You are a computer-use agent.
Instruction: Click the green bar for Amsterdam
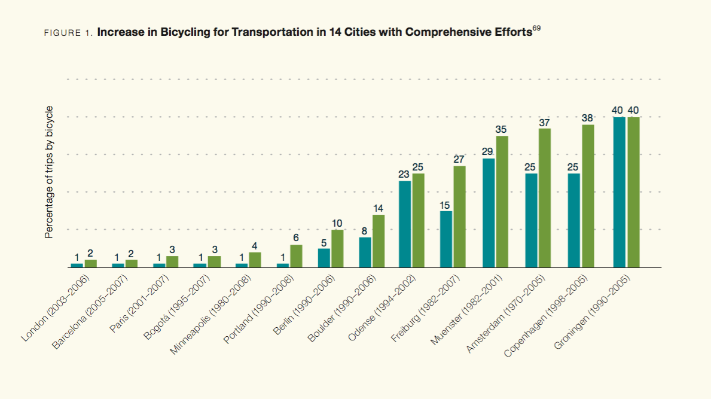544,198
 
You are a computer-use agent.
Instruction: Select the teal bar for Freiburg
445,239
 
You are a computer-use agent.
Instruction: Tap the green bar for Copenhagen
588,196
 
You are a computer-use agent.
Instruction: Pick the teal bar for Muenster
489,213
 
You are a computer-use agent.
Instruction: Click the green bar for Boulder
379,241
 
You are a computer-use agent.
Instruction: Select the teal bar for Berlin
324,258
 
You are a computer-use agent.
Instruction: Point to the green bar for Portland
296,256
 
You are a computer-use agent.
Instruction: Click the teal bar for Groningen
619,192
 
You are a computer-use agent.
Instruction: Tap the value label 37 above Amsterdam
544,122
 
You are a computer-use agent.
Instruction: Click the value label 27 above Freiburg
459,160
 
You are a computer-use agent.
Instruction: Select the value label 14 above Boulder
378,209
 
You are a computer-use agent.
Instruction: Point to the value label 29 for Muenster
487,152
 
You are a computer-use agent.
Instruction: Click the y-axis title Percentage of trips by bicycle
50,172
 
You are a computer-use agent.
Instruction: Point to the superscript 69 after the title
536,28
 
